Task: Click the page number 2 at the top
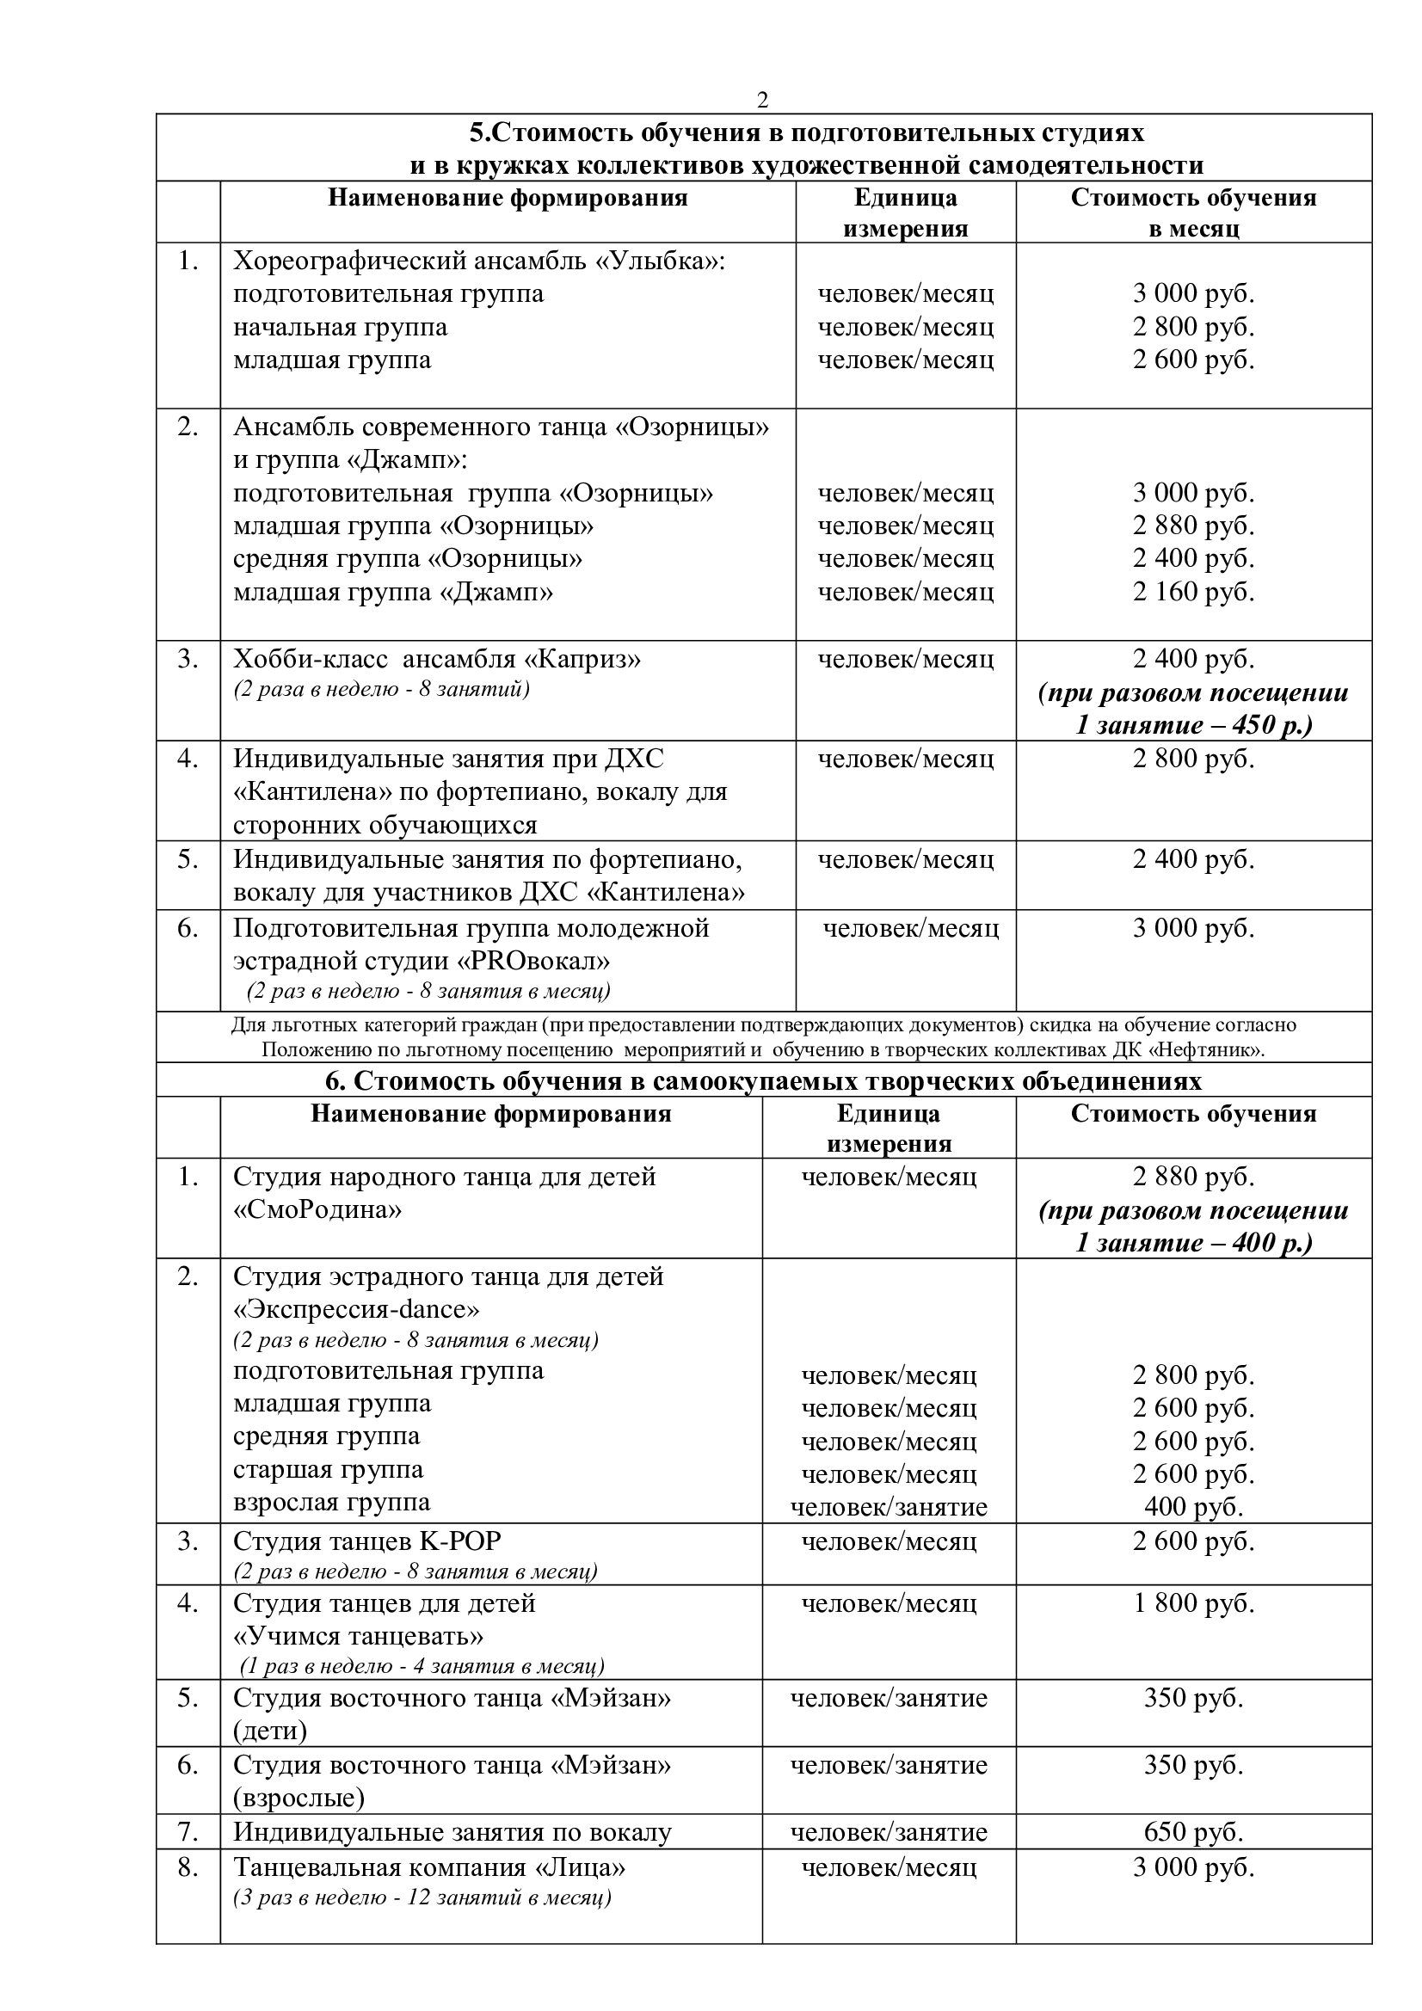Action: tap(762, 101)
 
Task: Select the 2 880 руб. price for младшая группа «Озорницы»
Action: tap(1193, 526)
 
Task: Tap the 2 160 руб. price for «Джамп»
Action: tap(1193, 592)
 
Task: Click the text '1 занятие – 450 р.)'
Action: tap(1193, 726)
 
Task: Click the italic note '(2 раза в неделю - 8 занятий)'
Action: tap(381, 689)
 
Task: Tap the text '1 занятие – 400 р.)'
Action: tap(1193, 1243)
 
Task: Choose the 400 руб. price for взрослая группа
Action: tap(1193, 1506)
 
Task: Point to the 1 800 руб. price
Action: tap(1193, 1602)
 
